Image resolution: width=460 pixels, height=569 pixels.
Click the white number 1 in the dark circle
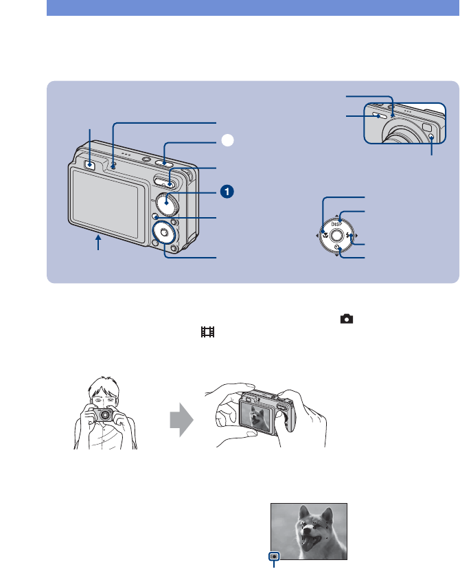coord(227,191)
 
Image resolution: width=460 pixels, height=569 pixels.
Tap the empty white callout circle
coord(227,140)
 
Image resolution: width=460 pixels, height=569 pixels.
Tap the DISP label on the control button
coord(337,223)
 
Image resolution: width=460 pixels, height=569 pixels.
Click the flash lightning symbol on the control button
coord(350,236)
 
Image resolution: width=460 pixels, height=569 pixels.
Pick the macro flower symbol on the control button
coord(324,236)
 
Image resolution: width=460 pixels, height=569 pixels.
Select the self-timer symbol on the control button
coord(337,249)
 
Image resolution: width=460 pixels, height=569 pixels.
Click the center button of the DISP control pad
coord(337,236)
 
